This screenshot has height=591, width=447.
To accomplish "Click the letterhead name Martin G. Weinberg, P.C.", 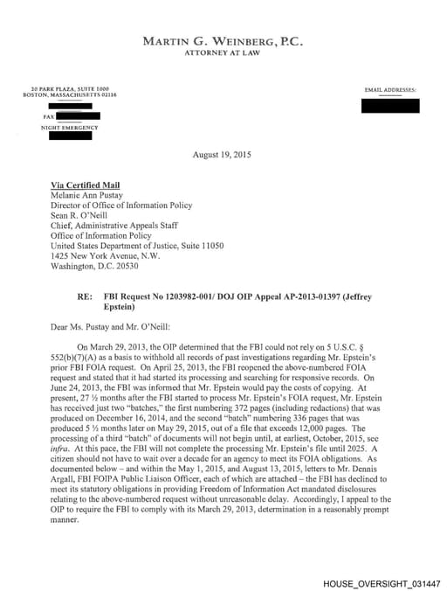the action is tap(223, 41).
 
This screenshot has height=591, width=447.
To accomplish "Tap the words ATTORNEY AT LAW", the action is tap(223, 53).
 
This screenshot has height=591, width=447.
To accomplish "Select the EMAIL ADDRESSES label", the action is tap(390, 90).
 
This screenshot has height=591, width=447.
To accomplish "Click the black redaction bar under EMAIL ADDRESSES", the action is tap(390, 106).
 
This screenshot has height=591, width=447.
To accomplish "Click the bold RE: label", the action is tap(85, 297).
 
